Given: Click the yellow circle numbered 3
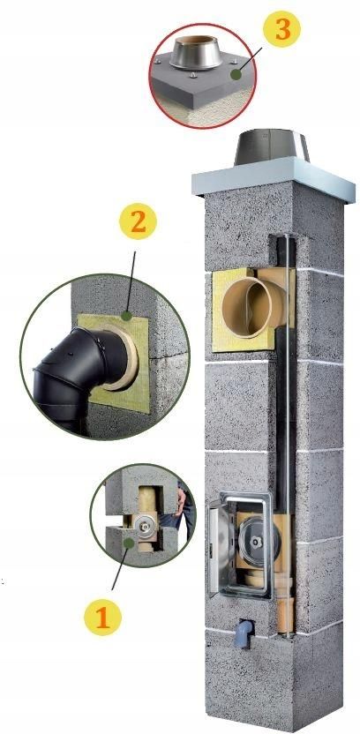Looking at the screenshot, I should coord(281,30).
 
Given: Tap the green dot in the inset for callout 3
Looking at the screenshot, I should coord(236,76).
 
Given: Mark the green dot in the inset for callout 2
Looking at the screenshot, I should coord(129,314).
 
